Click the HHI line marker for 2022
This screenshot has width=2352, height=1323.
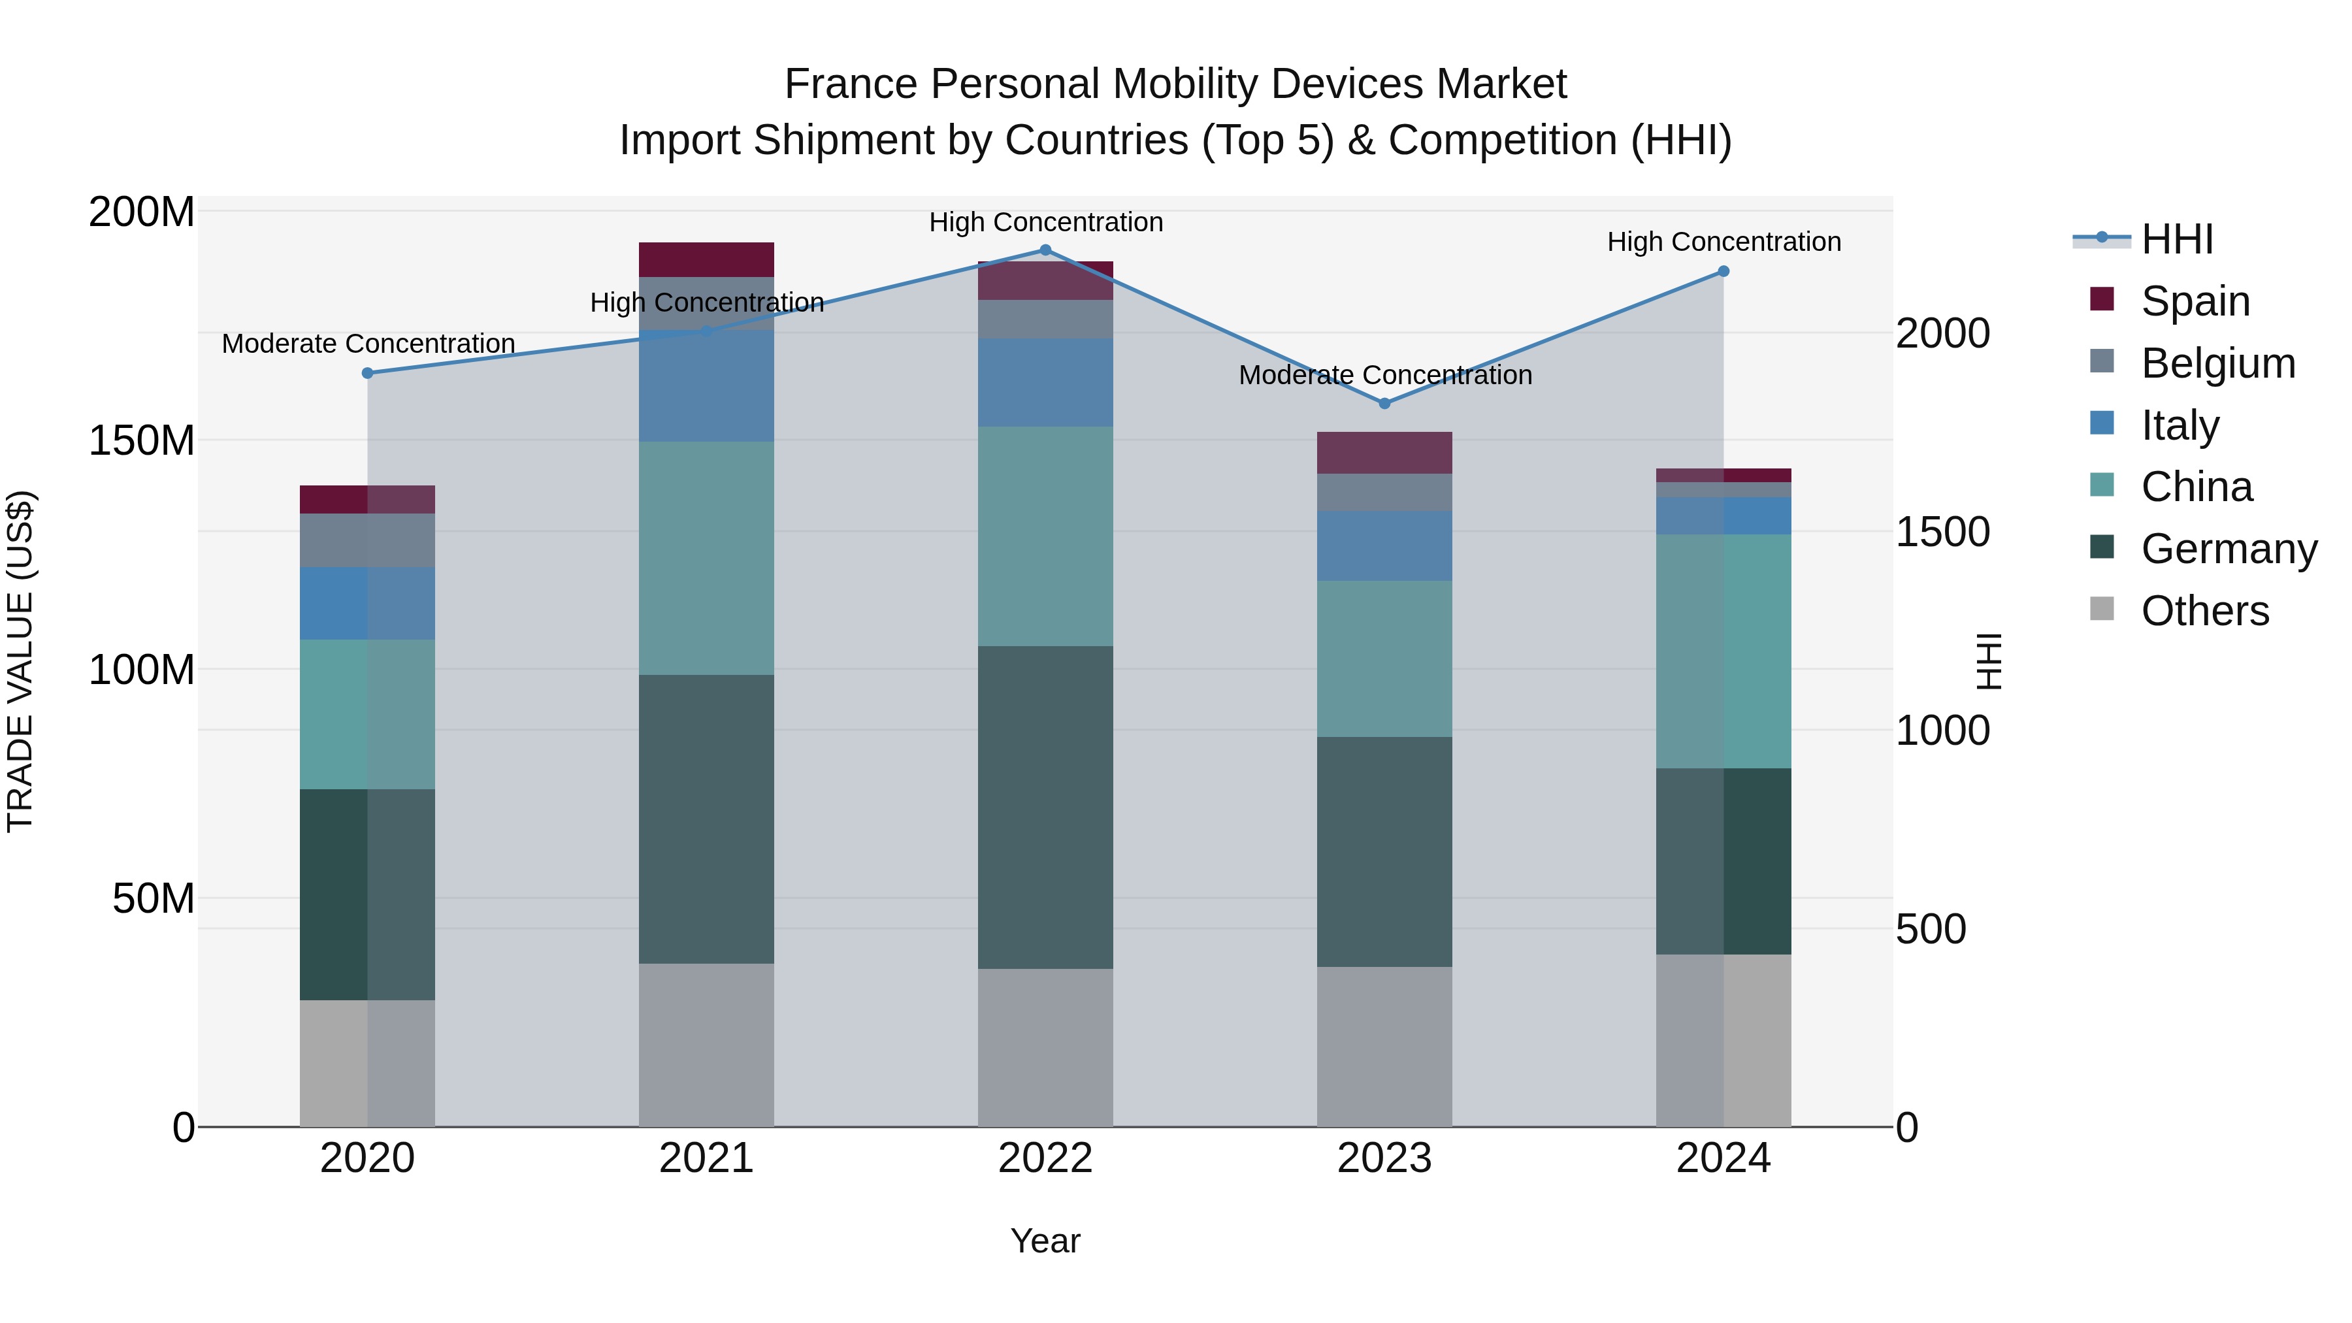click(1045, 250)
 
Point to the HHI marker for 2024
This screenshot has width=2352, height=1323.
click(1723, 271)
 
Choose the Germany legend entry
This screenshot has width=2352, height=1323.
click(2228, 549)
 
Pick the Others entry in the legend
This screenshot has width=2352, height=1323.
click(2204, 611)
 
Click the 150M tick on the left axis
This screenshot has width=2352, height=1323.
click(142, 441)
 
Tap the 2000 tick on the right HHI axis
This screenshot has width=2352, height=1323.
click(1942, 333)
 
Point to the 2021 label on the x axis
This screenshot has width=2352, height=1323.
click(706, 1158)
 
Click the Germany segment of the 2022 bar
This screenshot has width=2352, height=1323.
click(1045, 807)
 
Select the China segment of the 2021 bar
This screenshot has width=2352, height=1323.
click(706, 558)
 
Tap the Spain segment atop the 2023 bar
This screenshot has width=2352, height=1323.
click(1384, 453)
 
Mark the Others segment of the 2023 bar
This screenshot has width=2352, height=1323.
click(1384, 1047)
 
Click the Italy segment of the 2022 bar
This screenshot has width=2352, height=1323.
click(1045, 383)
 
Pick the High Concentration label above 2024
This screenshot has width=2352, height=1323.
click(1723, 242)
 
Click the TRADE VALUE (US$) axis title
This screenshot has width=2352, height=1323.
click(20, 661)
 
